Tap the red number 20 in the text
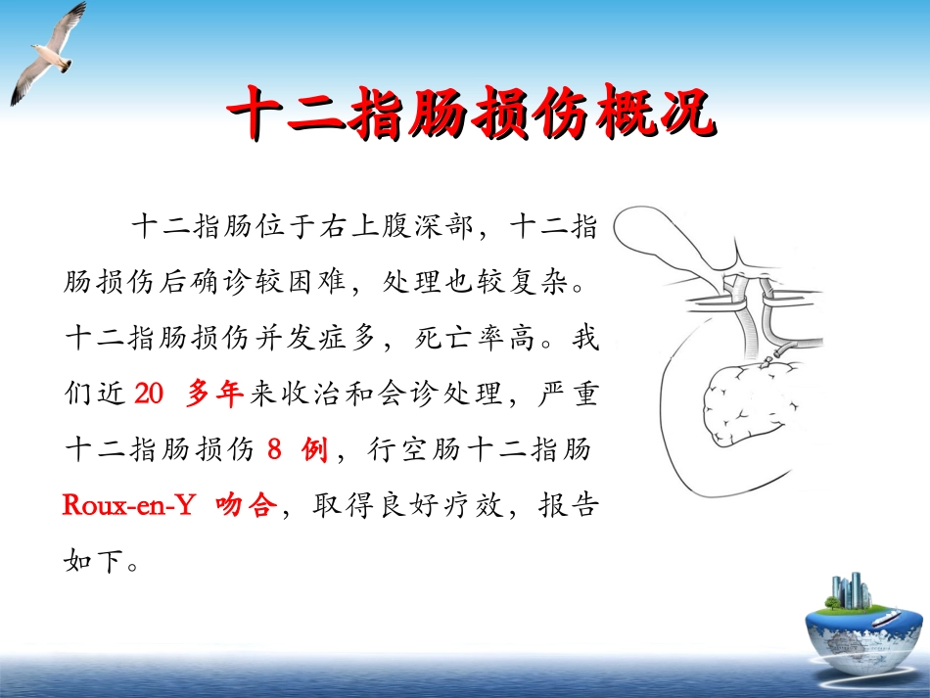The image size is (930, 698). point(147,395)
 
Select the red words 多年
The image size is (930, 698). point(214,395)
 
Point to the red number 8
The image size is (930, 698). point(275,450)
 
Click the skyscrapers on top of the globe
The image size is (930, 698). point(849,589)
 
